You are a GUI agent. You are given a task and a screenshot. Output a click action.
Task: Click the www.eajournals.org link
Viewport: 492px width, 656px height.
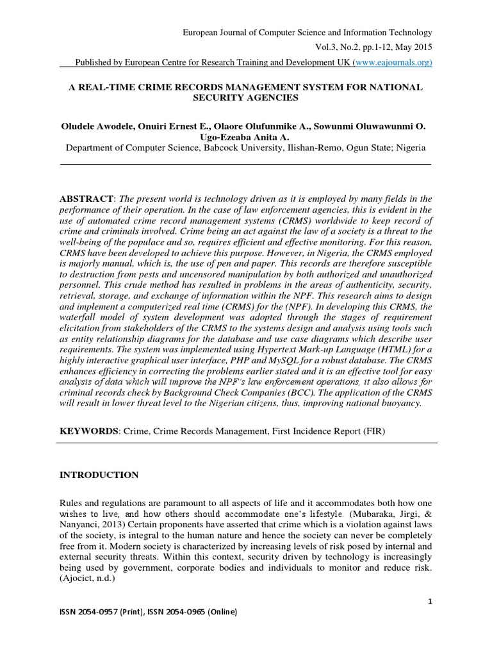(x=394, y=62)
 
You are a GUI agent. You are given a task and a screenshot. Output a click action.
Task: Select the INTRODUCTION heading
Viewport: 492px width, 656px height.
(x=99, y=475)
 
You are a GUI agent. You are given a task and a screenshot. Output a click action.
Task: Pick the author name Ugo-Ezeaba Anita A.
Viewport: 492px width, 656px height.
(x=245, y=137)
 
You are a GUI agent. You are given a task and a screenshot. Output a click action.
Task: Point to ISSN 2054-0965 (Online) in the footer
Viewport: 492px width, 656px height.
(x=196, y=612)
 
